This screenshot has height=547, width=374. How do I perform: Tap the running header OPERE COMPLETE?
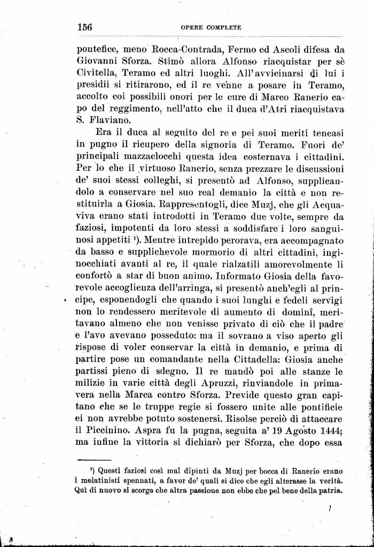click(211, 27)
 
